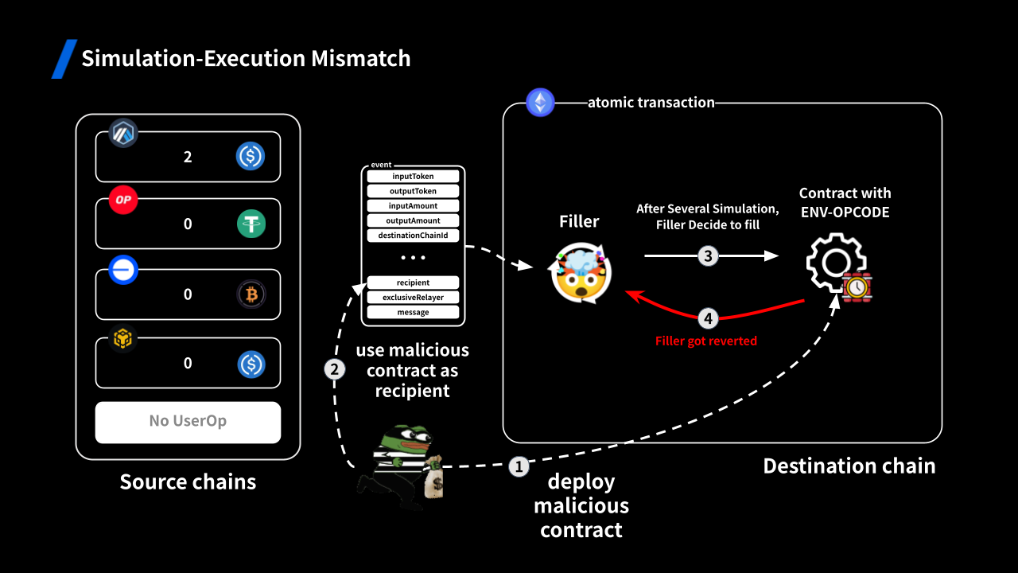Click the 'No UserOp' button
pyautogui.click(x=188, y=422)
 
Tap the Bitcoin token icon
pyautogui.click(x=251, y=294)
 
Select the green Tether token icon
pyautogui.click(x=251, y=224)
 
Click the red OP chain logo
pyautogui.click(x=123, y=200)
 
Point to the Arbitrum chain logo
pyautogui.click(x=123, y=133)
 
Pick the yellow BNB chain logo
pyautogui.click(x=123, y=340)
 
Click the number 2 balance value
pyautogui.click(x=188, y=157)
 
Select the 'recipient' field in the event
pyautogui.click(x=413, y=283)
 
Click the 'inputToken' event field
pyautogui.click(x=413, y=176)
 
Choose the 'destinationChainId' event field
pyautogui.click(x=413, y=236)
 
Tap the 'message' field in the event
pyautogui.click(x=413, y=312)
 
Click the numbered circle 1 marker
pyautogui.click(x=519, y=466)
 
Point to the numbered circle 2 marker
pyautogui.click(x=335, y=369)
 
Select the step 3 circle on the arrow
pyautogui.click(x=708, y=255)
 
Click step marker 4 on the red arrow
pyautogui.click(x=708, y=319)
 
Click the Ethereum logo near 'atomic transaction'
pyautogui.click(x=541, y=103)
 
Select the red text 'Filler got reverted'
pyautogui.click(x=706, y=341)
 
